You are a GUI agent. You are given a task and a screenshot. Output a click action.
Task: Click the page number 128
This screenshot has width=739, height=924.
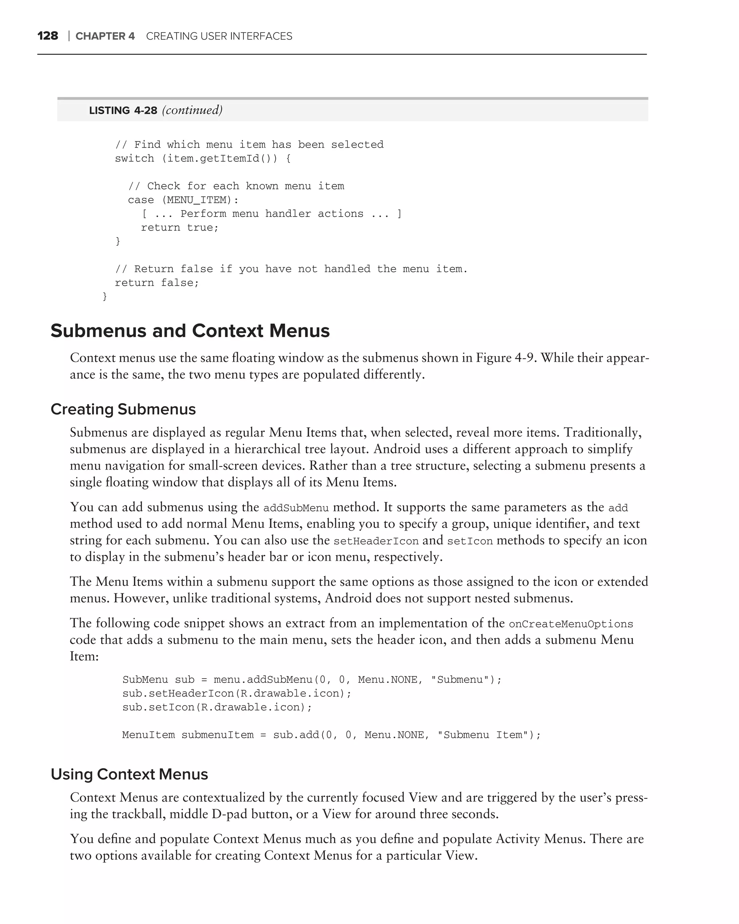click(x=48, y=36)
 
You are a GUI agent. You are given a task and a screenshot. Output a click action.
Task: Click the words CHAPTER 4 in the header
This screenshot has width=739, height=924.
click(x=105, y=36)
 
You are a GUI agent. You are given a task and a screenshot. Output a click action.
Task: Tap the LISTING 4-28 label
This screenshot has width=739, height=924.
click(x=123, y=110)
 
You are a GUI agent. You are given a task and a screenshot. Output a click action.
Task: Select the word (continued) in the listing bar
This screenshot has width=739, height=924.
click(x=192, y=110)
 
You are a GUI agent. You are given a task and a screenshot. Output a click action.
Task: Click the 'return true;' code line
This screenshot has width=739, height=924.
click(x=179, y=228)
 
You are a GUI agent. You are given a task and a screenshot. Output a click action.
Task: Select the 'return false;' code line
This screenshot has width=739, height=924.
click(x=157, y=283)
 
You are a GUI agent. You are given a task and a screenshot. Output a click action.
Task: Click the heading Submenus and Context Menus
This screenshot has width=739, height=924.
click(x=190, y=331)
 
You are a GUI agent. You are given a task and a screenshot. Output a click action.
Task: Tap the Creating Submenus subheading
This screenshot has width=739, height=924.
click(x=123, y=409)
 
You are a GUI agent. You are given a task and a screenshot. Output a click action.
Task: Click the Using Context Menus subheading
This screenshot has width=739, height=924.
click(x=129, y=774)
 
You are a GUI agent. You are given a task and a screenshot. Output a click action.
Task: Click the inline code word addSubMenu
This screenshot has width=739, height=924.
click(x=296, y=508)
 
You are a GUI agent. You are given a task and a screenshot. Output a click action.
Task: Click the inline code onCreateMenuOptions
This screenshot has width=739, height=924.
click(x=570, y=624)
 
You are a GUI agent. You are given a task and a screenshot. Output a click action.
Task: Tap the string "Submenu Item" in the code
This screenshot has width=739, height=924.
click(x=483, y=735)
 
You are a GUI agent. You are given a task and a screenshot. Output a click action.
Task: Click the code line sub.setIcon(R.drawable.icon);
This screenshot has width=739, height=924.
click(x=217, y=707)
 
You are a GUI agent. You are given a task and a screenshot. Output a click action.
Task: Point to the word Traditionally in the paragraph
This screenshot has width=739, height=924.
click(x=602, y=432)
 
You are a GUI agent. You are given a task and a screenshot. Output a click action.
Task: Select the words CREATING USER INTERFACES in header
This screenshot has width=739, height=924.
click(x=219, y=36)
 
